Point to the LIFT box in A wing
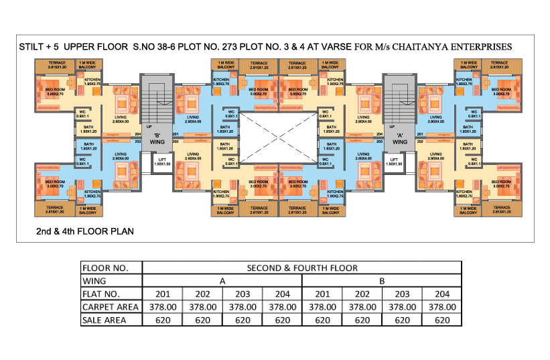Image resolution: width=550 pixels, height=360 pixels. point(394,162)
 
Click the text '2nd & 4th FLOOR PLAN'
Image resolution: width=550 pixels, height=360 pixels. point(85,231)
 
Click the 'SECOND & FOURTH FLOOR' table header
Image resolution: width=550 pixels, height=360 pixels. point(302,268)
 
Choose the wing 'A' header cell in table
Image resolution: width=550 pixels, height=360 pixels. point(222,281)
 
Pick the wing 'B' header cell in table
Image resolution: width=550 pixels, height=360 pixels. point(382,281)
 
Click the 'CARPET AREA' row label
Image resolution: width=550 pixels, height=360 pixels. point(111,307)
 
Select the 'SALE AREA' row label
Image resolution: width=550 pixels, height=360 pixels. point(106,320)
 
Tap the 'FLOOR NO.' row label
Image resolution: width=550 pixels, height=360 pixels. point(105,268)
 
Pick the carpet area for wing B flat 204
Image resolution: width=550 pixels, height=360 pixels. point(441,307)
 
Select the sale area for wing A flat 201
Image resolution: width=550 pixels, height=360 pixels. point(163,320)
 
